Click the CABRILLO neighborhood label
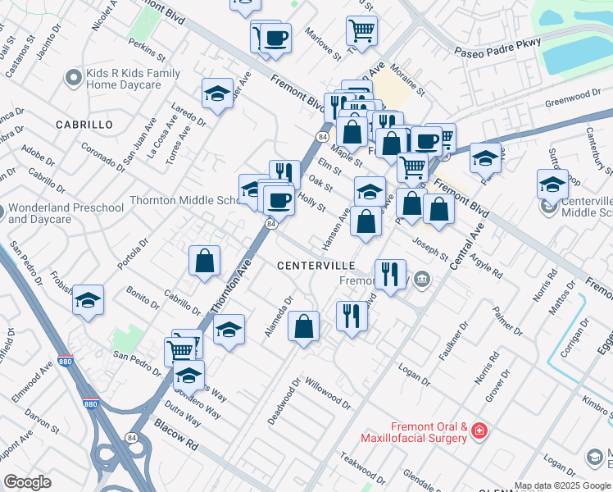coord(84,124)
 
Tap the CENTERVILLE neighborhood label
coord(316,266)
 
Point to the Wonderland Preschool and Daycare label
coord(66,213)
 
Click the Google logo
coord(27,482)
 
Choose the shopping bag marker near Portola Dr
coord(204,261)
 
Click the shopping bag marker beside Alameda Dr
coord(304,326)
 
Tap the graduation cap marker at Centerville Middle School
coord(552,184)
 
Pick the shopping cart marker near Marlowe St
coord(361,31)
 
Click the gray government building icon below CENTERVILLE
coord(421,280)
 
